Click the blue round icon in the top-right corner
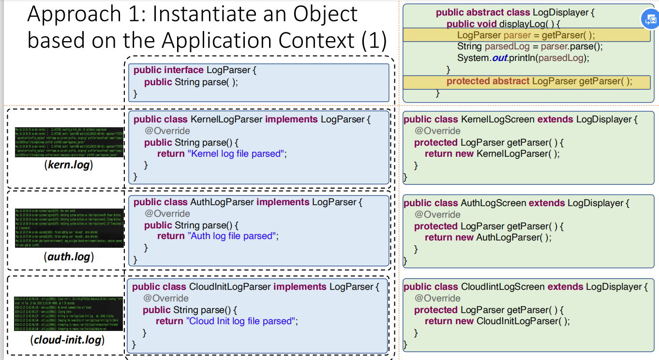point(649,19)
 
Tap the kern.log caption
point(68,165)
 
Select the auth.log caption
point(68,256)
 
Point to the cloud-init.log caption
point(68,340)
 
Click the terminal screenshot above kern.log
point(69,141)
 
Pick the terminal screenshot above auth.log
point(69,227)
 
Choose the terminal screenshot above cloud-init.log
point(69,314)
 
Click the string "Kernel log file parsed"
point(235,154)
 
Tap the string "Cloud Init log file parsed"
point(240,321)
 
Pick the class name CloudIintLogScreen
point(503,286)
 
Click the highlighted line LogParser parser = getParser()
point(526,35)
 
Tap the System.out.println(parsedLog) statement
point(524,58)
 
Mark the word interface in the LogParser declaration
point(184,70)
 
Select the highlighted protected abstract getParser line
point(539,81)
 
